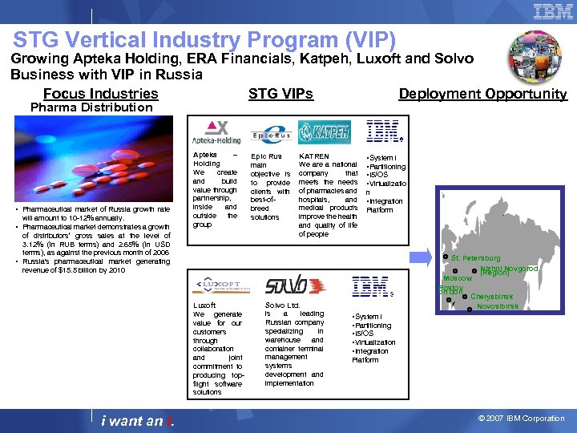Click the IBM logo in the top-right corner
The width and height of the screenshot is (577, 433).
click(x=552, y=11)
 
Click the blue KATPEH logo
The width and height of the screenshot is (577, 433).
click(x=324, y=132)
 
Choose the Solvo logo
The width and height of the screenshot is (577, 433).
click(x=285, y=285)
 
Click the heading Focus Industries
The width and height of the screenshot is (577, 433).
click(x=100, y=94)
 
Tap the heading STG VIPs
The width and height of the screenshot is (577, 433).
click(x=280, y=94)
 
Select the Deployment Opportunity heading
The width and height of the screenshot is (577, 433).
click(x=482, y=94)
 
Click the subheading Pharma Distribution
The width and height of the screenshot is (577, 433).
click(x=91, y=107)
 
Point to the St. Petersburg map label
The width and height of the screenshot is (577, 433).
click(x=475, y=258)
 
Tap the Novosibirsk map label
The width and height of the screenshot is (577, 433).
click(x=497, y=306)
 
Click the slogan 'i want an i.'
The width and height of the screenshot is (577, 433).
click(x=134, y=421)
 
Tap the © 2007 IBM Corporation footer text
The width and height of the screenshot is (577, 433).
click(x=521, y=419)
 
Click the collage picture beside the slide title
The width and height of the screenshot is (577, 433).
click(x=535, y=57)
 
